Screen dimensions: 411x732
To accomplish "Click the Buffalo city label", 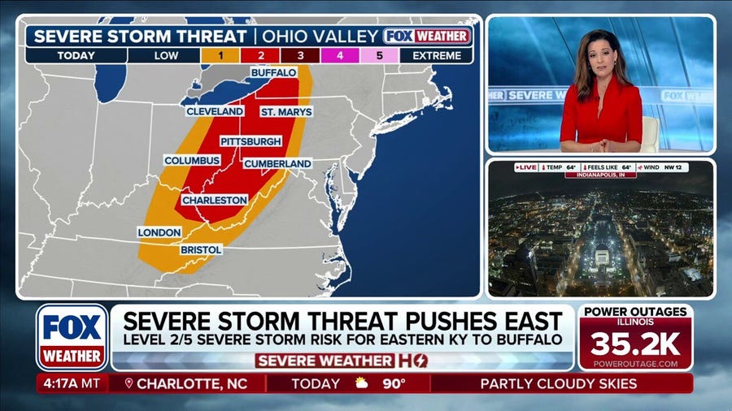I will (273, 72).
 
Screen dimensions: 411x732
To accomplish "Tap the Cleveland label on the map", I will (215, 110).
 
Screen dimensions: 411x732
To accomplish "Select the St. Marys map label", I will (286, 111).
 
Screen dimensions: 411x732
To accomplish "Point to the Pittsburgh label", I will (251, 141).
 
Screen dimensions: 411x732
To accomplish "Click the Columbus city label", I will (192, 161).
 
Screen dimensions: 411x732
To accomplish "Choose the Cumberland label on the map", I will (277, 163).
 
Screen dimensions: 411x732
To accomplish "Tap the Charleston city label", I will (215, 200).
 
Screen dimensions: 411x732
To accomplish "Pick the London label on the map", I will (159, 232).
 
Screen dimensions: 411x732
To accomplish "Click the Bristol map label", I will (201, 249).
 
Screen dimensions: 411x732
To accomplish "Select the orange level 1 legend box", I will (221, 56).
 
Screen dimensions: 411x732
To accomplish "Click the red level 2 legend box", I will (261, 56).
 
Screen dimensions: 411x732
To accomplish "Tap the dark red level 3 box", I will (301, 56).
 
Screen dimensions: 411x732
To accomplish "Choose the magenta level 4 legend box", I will (341, 56).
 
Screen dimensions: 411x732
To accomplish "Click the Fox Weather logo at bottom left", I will (72, 336).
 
